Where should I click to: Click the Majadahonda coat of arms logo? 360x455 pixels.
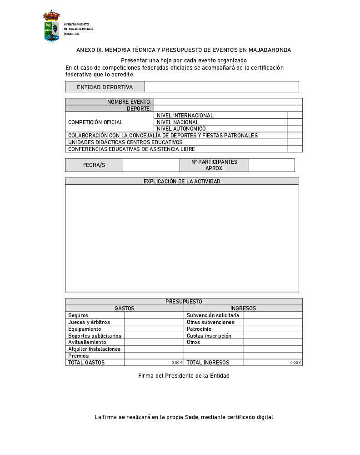point(51,26)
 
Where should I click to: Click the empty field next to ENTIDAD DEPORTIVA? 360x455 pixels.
point(221,87)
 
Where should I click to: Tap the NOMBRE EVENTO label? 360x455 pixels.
point(129,102)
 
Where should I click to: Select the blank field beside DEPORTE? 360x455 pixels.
point(228,109)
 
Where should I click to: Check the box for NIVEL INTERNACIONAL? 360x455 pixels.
point(295,116)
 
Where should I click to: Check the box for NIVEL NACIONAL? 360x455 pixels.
point(295,122)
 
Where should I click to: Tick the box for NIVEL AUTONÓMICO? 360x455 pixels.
point(295,129)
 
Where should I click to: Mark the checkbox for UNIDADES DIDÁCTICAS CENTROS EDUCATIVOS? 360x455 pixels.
point(295,142)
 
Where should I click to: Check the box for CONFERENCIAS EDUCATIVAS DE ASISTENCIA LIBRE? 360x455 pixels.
point(295,149)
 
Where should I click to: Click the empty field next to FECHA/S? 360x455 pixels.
point(151,165)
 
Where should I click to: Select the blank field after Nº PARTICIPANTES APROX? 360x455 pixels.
point(271,165)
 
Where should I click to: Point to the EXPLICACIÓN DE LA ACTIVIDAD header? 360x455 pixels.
point(182,182)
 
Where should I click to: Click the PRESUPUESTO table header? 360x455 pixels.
point(184,302)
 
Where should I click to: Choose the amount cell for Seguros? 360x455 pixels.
point(154,315)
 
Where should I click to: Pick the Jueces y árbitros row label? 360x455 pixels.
point(89,322)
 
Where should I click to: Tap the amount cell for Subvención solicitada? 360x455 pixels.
point(272,315)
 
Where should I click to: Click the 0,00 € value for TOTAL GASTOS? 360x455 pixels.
point(177,363)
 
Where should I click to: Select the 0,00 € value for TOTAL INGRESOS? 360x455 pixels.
point(296,363)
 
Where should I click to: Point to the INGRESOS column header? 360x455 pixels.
point(243,308)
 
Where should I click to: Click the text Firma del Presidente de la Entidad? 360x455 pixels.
point(184,376)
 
